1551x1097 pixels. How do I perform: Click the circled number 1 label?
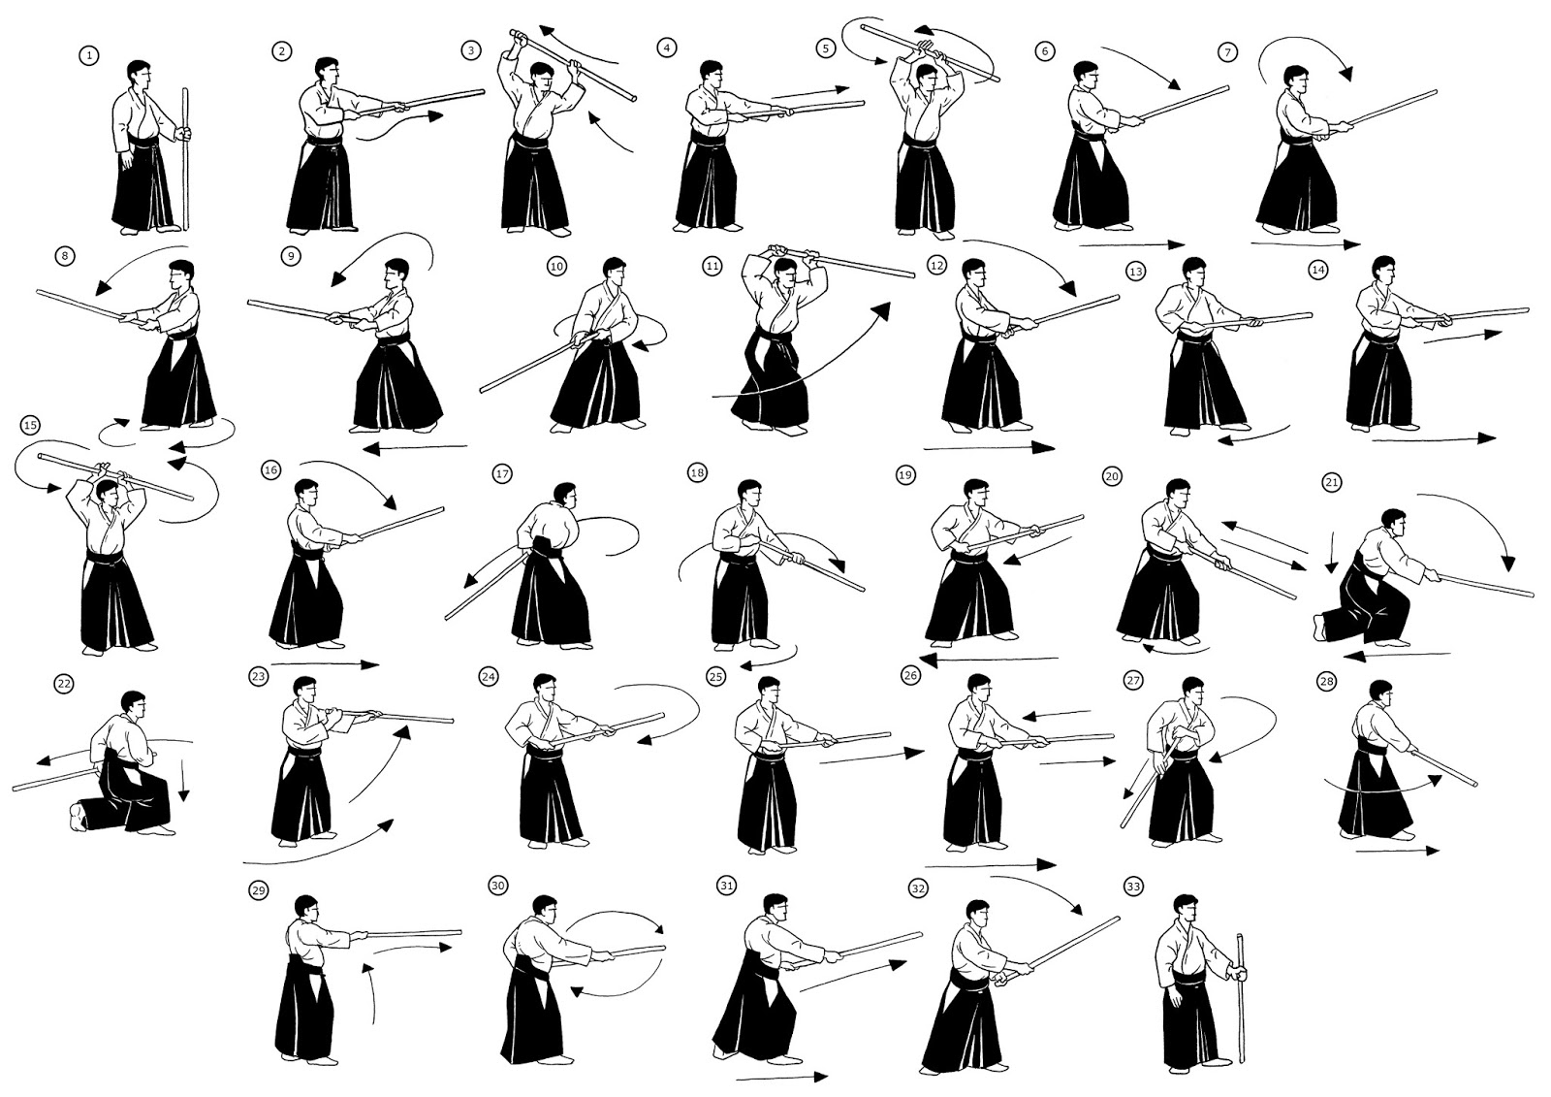[89, 56]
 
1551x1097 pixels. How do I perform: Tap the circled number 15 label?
[29, 425]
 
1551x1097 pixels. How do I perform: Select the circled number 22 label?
[64, 684]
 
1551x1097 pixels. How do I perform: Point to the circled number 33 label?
[1133, 887]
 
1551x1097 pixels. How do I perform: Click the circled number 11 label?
[712, 264]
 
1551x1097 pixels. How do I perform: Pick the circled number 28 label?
[1326, 682]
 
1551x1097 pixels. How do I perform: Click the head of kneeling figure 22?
[134, 704]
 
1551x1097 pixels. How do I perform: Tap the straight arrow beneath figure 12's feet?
[989, 448]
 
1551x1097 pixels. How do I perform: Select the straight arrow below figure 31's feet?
[781, 1077]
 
